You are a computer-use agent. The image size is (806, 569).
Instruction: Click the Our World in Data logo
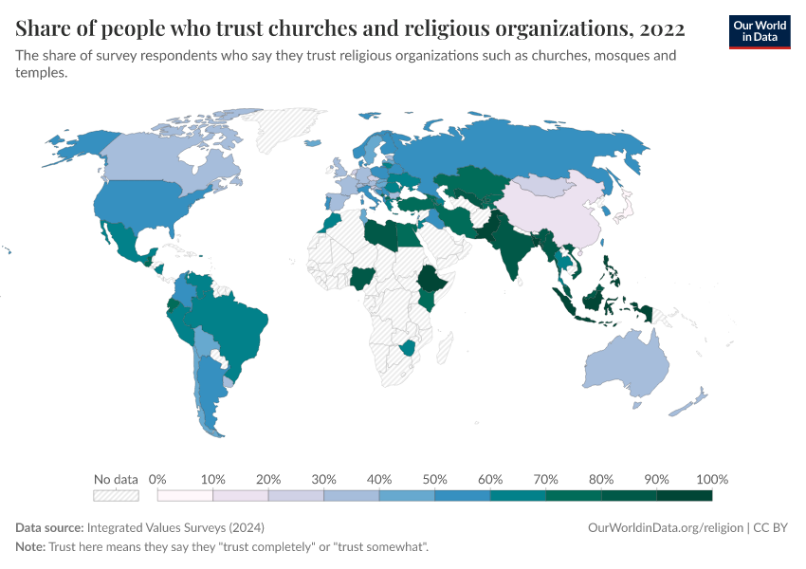tap(760, 30)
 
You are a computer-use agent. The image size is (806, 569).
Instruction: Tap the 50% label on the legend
tap(434, 479)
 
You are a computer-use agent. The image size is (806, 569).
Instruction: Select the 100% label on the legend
tap(712, 479)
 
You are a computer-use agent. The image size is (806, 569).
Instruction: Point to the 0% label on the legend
tap(158, 479)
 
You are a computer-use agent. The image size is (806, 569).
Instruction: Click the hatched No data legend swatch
tap(116, 495)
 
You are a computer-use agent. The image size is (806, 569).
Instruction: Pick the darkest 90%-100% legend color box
tap(684, 495)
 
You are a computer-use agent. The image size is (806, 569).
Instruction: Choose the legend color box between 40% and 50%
tap(407, 495)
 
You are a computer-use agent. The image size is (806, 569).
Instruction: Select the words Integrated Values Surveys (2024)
tap(175, 527)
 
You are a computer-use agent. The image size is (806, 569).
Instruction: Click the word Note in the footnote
tap(30, 547)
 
